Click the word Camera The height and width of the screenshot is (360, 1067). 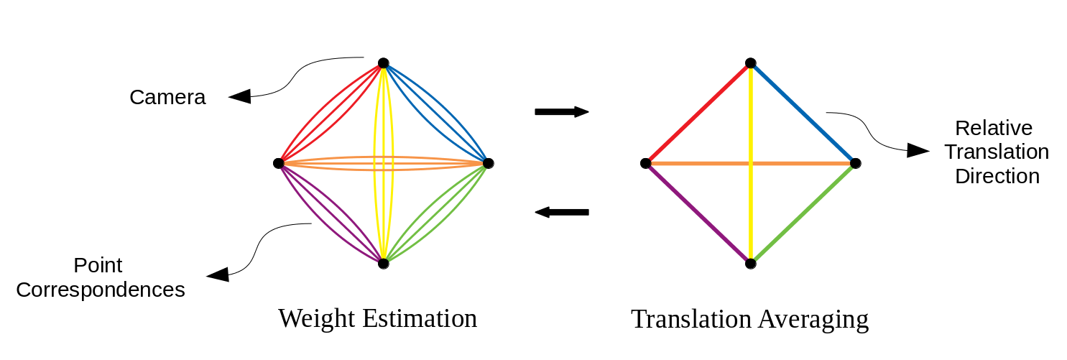click(167, 98)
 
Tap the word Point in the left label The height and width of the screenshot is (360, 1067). click(98, 265)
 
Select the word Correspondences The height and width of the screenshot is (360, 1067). click(101, 290)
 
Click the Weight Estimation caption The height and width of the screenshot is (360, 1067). click(377, 318)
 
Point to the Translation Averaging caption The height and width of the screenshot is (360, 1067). click(749, 319)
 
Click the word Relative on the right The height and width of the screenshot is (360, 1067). click(994, 128)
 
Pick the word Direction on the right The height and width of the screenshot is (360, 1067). click(997, 176)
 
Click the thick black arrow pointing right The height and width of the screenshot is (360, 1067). click(561, 111)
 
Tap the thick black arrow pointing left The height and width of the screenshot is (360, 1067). click(563, 212)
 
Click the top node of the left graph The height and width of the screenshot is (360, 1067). click(384, 63)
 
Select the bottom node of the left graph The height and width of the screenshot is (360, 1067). click(384, 264)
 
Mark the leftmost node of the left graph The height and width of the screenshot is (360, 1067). click(279, 163)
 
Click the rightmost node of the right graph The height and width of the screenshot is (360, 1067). click(855, 163)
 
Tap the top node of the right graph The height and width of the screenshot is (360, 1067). click(750, 63)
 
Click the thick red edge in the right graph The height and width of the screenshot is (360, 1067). click(698, 114)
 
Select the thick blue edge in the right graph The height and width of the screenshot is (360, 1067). click(803, 114)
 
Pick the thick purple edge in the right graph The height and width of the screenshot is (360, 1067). click(698, 213)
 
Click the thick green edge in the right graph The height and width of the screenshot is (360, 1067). click(803, 213)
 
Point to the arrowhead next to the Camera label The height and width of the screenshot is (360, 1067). click(240, 96)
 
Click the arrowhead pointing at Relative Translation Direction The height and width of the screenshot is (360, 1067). click(918, 149)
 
